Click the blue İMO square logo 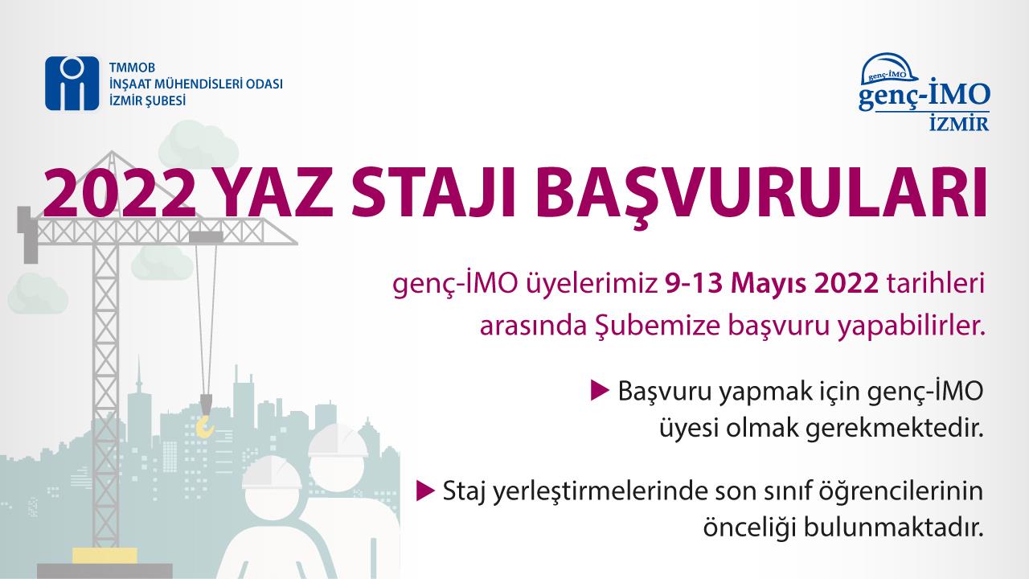click(72, 83)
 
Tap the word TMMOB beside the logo click(133, 68)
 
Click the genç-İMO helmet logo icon click(889, 68)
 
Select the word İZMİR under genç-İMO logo click(959, 124)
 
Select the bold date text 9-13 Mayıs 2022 click(772, 284)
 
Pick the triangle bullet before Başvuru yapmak click(599, 390)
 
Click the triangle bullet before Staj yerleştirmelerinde click(425, 490)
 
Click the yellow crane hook click(205, 426)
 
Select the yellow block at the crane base click(105, 556)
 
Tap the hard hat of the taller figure click(338, 441)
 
